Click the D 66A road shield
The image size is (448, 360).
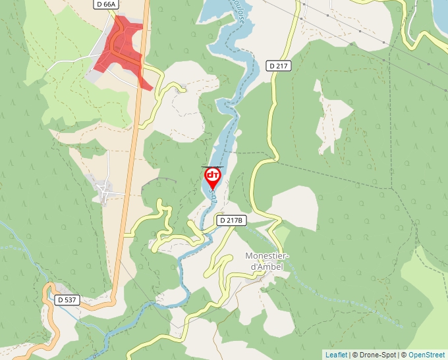[105, 5]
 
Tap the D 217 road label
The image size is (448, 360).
[279, 65]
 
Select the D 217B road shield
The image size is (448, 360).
[231, 220]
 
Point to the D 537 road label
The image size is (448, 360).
[67, 299]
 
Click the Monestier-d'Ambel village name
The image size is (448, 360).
[267, 261]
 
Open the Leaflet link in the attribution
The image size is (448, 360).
[336, 355]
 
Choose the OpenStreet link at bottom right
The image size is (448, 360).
[426, 355]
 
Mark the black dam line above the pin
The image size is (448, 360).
[212, 167]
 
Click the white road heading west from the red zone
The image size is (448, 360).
[69, 63]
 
